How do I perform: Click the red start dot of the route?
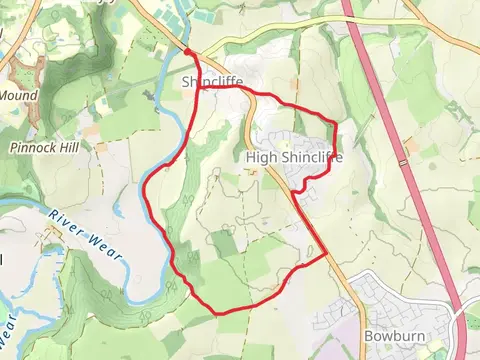point(188,51)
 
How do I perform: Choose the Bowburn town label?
point(389,337)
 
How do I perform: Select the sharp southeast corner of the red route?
point(327,256)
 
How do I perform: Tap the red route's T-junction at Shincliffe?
point(198,88)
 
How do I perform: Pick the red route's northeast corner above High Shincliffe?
point(333,123)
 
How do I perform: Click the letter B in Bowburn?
point(369,337)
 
